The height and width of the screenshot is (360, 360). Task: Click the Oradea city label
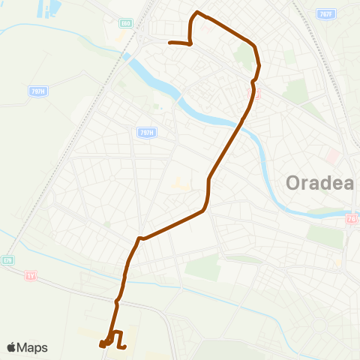[x=320, y=183]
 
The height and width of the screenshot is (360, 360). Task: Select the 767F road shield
[x=324, y=14]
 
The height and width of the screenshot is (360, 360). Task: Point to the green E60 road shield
[x=126, y=23]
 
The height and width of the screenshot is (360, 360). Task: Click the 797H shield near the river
[x=146, y=133]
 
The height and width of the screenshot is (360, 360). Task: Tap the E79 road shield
[x=8, y=260]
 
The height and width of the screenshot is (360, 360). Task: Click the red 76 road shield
[x=352, y=219]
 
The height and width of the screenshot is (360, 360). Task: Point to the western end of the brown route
[x=171, y=43]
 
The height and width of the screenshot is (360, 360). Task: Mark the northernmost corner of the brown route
[x=197, y=12]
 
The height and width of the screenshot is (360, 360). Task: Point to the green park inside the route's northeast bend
[x=244, y=56]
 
